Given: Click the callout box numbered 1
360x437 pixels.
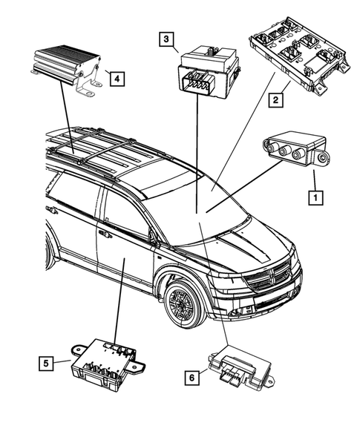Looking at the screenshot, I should (315, 197).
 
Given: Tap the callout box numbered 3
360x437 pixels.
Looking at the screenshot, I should (167, 39).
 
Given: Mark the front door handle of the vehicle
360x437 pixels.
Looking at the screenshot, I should (105, 234).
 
